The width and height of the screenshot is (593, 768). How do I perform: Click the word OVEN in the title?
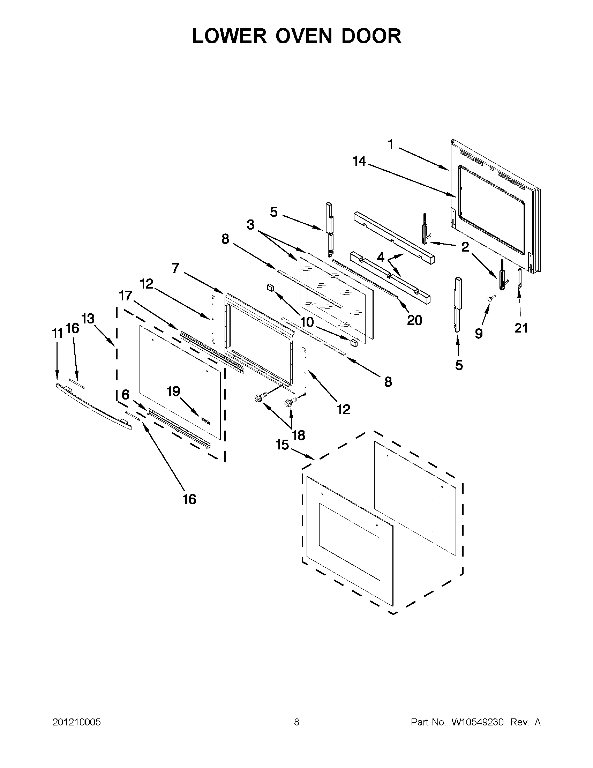303,36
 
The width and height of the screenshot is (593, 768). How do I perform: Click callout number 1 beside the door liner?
390,144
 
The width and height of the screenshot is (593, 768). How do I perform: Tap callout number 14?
359,162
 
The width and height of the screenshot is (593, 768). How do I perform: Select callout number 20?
414,320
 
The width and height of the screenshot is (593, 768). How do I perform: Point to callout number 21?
521,328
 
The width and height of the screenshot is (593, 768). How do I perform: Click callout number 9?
478,333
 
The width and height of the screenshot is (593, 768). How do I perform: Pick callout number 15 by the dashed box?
282,445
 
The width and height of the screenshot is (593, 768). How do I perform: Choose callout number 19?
173,391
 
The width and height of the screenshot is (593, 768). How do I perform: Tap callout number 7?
176,268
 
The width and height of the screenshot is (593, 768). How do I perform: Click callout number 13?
88,319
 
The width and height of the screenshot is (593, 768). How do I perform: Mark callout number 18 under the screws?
299,435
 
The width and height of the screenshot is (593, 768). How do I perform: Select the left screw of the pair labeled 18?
259,398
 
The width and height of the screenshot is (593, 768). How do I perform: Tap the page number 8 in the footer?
296,722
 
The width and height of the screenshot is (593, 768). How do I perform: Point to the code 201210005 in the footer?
77,722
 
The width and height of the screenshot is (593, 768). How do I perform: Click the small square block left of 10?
270,287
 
